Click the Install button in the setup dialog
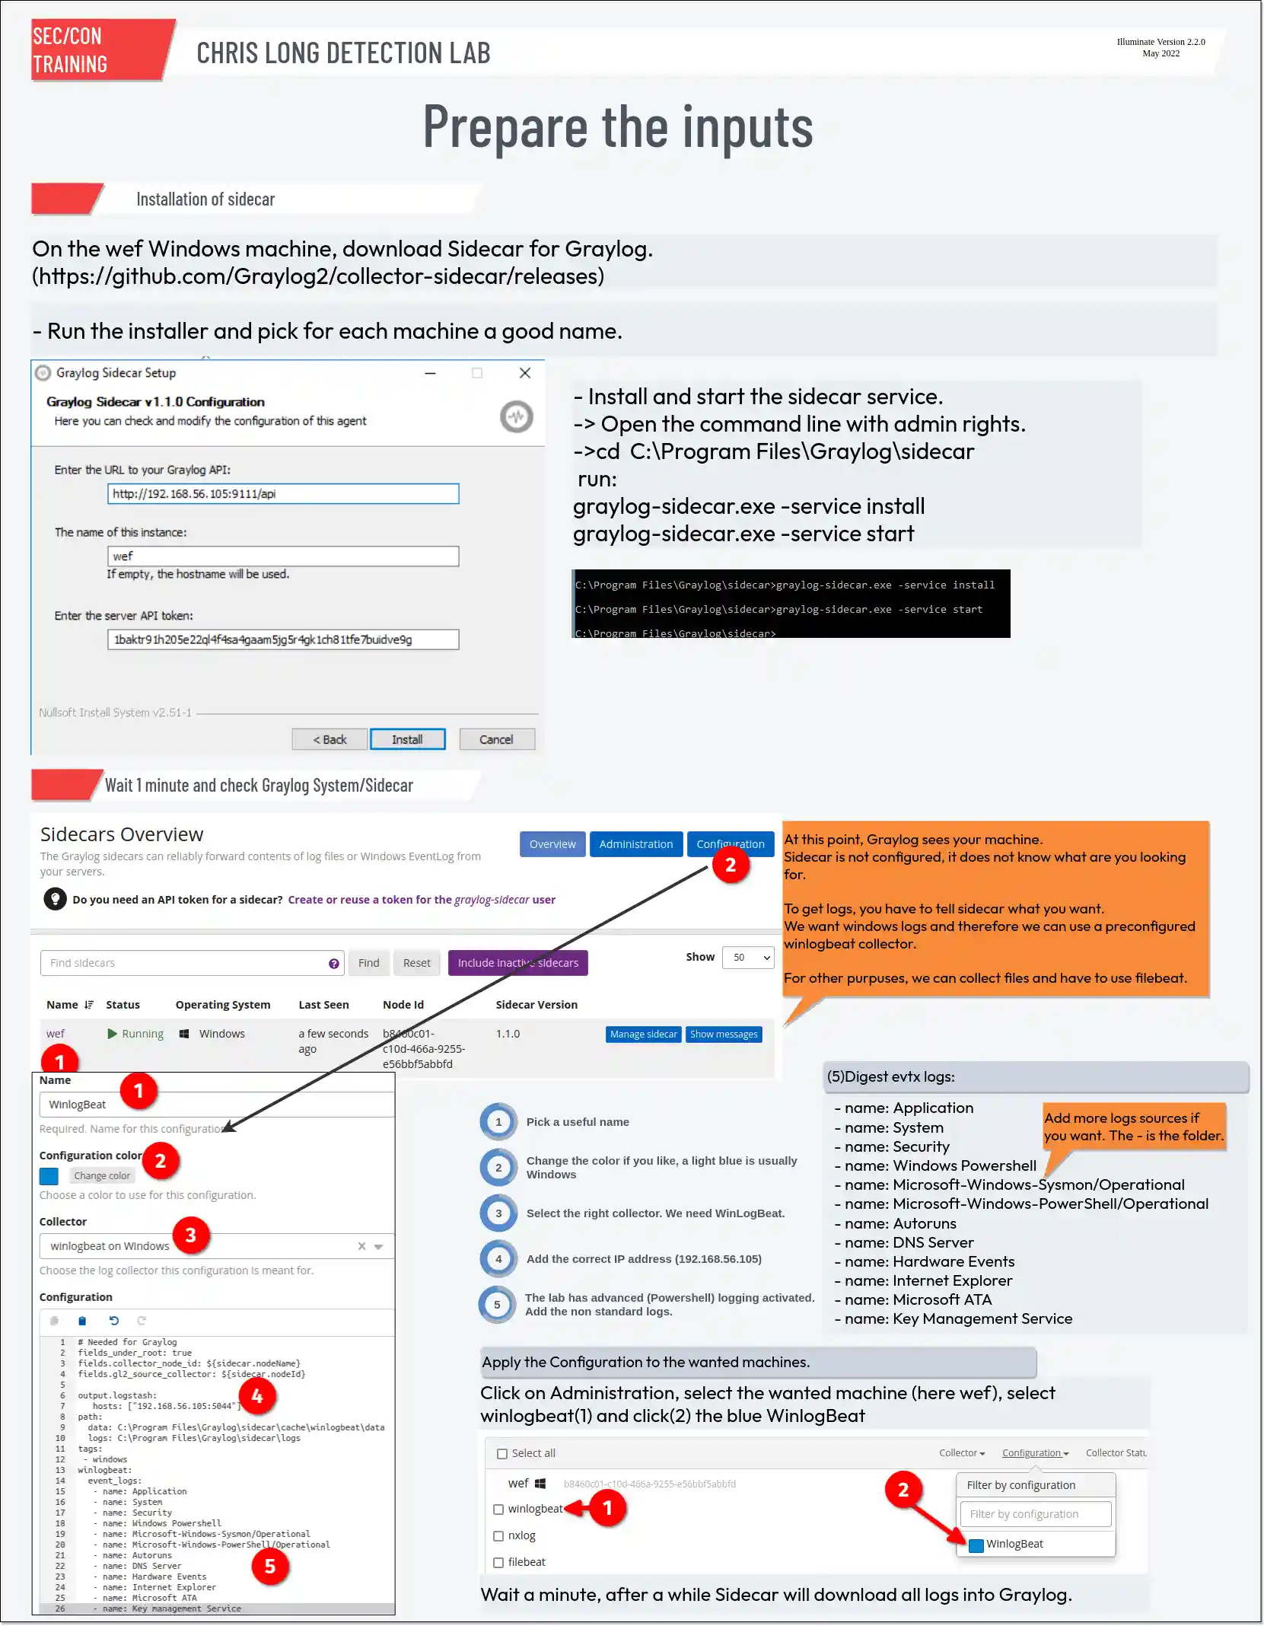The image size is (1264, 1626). tap(407, 739)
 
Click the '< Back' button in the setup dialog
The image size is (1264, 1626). tap(330, 739)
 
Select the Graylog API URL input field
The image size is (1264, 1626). tap(282, 494)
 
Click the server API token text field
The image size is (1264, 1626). tap(282, 639)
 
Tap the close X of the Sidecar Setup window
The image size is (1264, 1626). tap(524, 373)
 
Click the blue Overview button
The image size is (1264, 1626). tap(552, 844)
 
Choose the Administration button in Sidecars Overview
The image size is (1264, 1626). tap(635, 844)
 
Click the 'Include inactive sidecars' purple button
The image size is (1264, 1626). tap(517, 963)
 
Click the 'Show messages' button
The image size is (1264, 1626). tap(724, 1034)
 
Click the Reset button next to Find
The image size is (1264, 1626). tap(416, 963)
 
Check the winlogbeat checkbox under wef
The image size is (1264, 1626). tap(498, 1510)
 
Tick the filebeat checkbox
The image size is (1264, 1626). tap(498, 1563)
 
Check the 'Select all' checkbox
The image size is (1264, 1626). tap(502, 1454)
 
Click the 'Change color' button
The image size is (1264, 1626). tap(102, 1176)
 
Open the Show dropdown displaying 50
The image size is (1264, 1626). tap(747, 958)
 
